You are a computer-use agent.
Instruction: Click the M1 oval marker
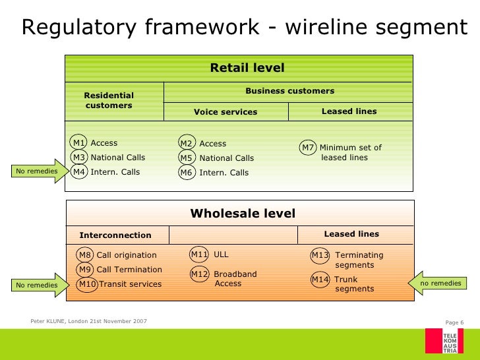79,143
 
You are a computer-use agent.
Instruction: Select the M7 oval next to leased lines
308,148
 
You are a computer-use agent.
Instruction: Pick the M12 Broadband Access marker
200,274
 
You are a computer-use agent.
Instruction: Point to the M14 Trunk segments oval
320,280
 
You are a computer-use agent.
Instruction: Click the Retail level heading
247,68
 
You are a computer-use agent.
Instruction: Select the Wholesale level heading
243,214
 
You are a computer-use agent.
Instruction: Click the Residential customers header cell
109,101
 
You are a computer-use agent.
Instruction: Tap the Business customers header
289,91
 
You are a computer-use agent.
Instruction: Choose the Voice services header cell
225,112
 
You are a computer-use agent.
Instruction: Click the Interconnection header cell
115,235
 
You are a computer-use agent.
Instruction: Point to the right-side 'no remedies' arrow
441,283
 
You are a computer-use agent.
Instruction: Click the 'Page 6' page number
455,322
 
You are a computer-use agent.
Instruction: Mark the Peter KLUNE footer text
89,321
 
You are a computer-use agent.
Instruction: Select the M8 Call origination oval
85,255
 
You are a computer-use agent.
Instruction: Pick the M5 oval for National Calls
187,158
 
